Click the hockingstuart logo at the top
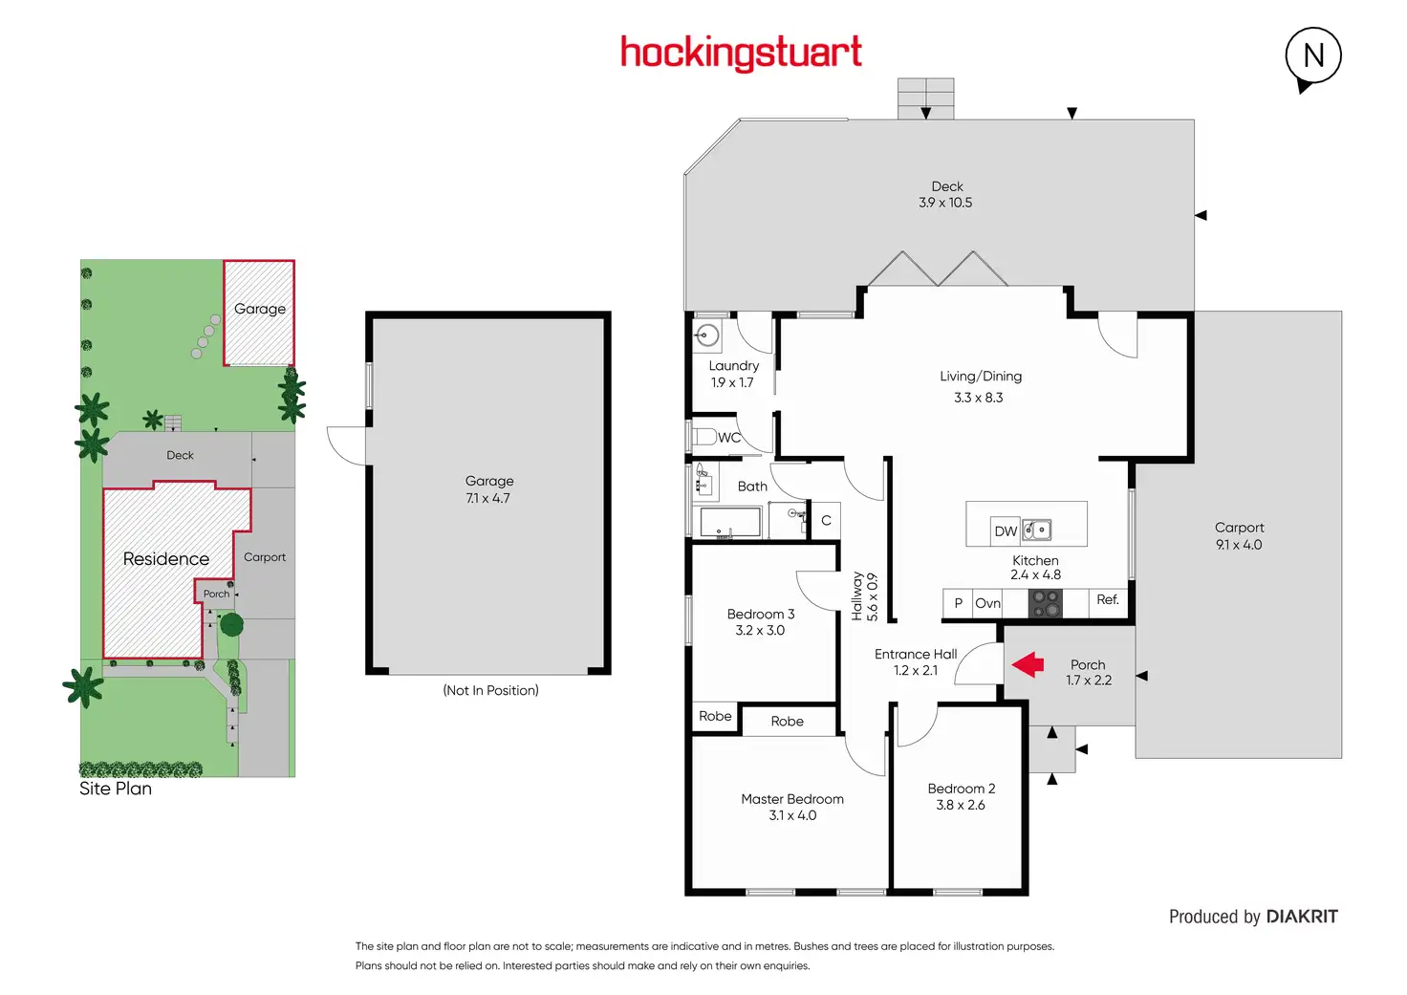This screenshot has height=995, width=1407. pyautogui.click(x=741, y=52)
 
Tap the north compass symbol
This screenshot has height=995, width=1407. pyautogui.click(x=1312, y=56)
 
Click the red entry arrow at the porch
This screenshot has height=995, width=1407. pyautogui.click(x=1028, y=664)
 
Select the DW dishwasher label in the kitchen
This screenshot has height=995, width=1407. pyautogui.click(x=1006, y=531)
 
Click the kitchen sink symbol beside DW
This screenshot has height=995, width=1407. pyautogui.click(x=1037, y=530)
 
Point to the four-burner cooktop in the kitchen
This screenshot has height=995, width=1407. pyautogui.click(x=1045, y=603)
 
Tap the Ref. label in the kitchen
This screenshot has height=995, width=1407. pyautogui.click(x=1108, y=599)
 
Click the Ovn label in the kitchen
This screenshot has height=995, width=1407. pyautogui.click(x=987, y=603)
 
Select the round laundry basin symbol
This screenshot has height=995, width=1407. pyautogui.click(x=708, y=335)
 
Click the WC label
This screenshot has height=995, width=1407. pyautogui.click(x=729, y=438)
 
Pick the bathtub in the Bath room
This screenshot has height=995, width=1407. pyautogui.click(x=730, y=522)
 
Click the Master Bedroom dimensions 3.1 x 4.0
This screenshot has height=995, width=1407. pyautogui.click(x=792, y=815)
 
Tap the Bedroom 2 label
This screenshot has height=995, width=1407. pyautogui.click(x=961, y=789)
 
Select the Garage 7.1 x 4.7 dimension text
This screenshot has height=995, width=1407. pyautogui.click(x=487, y=498)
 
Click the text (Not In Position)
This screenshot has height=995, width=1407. pyautogui.click(x=490, y=690)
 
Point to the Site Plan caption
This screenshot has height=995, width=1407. pyautogui.click(x=116, y=789)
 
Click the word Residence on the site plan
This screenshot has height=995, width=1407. pyautogui.click(x=165, y=559)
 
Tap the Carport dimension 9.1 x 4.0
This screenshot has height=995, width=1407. pyautogui.click(x=1239, y=545)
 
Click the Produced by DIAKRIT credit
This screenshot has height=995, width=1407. pyautogui.click(x=1253, y=917)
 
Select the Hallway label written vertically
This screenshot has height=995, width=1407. pyautogui.click(x=857, y=596)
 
